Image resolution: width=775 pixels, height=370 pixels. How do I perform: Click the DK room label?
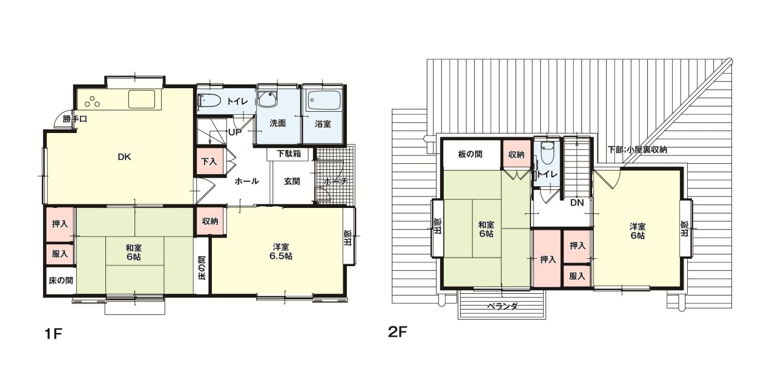[x=124, y=157]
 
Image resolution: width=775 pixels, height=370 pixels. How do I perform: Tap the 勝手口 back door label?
[x=74, y=119]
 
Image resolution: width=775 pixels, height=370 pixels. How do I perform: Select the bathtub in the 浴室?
[x=324, y=100]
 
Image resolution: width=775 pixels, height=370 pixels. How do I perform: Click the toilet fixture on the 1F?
[x=209, y=101]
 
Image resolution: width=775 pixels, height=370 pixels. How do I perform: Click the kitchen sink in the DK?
[x=142, y=99]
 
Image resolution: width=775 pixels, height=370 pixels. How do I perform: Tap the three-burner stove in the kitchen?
[x=93, y=102]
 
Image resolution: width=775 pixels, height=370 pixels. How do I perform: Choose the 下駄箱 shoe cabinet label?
[x=289, y=154]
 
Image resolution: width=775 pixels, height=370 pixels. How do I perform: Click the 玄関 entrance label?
[x=292, y=181]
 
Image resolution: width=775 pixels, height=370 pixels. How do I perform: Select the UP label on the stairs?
[x=234, y=132]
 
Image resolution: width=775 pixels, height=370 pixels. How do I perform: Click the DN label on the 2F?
[x=577, y=203]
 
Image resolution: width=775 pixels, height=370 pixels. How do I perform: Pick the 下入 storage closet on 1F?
[x=209, y=161]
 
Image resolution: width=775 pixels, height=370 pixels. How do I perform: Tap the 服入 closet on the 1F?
[x=60, y=254]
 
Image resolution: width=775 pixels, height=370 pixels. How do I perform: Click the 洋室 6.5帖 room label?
[x=280, y=252]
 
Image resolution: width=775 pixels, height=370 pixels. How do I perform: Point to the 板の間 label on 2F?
[x=470, y=154]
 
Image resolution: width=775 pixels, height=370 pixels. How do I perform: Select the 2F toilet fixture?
[x=547, y=153]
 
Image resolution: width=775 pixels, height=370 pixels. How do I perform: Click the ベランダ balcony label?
[x=503, y=306]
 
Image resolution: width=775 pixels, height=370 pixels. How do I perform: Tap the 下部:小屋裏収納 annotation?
[x=638, y=149]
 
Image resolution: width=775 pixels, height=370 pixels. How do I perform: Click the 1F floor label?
[x=53, y=334]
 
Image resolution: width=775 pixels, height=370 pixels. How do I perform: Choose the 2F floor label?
[x=398, y=332]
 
